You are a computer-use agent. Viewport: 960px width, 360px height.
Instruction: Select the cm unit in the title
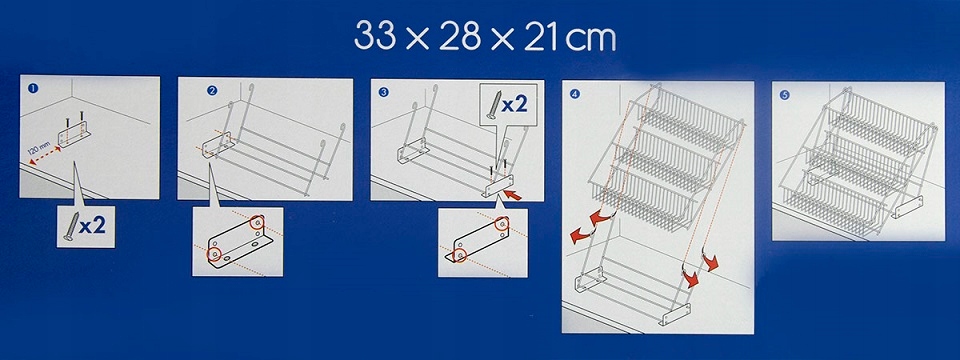(590, 40)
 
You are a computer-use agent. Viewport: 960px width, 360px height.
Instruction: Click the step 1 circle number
(33, 88)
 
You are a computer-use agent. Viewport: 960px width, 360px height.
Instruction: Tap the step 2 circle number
(212, 91)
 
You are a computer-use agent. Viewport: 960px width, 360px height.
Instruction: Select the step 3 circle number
(383, 92)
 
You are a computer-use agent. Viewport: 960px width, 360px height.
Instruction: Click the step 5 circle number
(785, 95)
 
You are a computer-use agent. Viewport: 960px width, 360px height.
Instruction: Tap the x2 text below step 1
(92, 226)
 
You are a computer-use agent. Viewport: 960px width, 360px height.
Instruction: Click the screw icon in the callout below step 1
(70, 227)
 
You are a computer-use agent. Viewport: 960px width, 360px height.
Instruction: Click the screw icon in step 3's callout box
(493, 105)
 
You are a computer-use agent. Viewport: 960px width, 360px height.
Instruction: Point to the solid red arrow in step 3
(514, 195)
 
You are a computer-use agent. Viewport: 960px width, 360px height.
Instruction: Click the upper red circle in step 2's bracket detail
(258, 222)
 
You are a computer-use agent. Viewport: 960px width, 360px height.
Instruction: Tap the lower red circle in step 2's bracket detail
(214, 254)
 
